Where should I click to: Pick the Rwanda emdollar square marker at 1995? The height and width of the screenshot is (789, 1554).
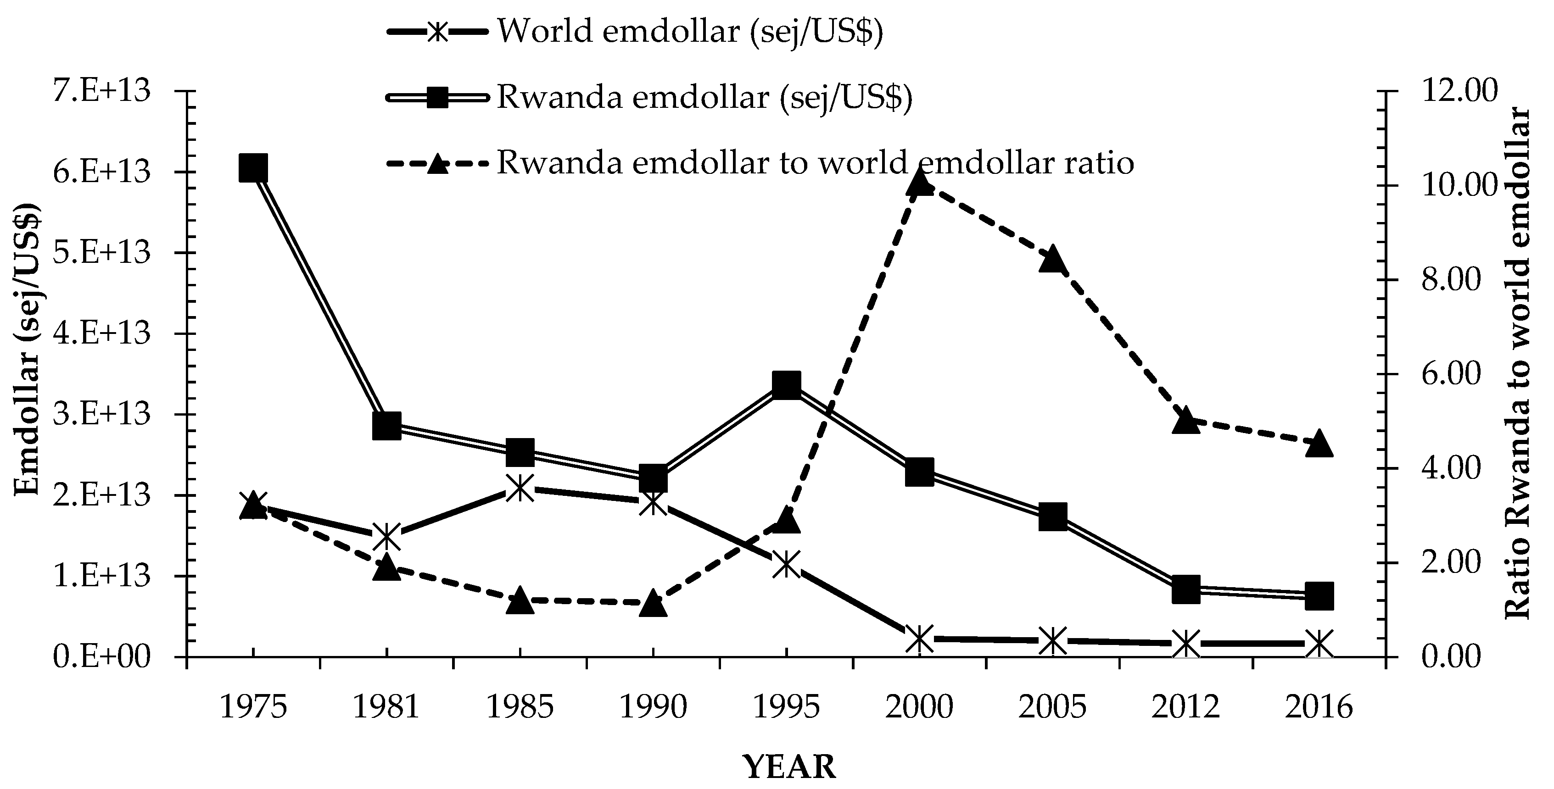point(786,385)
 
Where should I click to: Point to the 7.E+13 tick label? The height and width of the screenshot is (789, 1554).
point(101,92)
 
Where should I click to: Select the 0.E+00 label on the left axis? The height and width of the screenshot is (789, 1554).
point(101,657)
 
